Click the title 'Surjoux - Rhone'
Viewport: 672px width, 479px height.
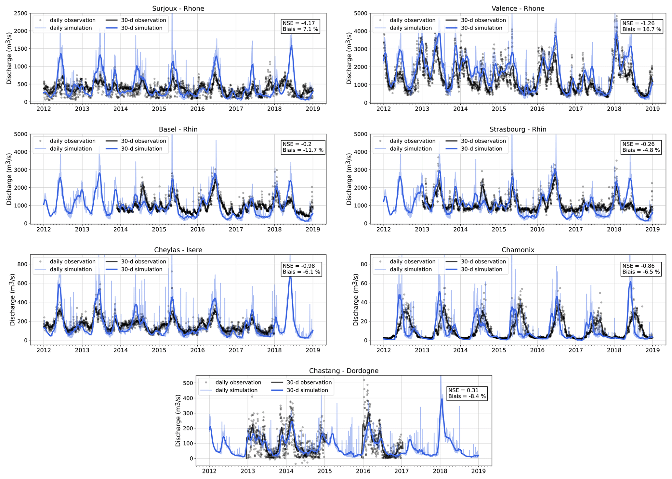coord(178,8)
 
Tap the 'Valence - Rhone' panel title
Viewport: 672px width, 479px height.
coord(518,8)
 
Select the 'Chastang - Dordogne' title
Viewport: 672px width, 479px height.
coord(344,371)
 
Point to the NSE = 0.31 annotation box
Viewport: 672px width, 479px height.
coord(467,393)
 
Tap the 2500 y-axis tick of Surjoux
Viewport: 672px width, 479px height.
coord(21,13)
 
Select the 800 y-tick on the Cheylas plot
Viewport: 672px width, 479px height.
coord(23,264)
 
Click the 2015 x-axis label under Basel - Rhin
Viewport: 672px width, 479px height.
coord(159,229)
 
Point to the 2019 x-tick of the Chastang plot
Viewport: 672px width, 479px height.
coord(478,471)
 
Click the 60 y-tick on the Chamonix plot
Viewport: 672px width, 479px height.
coord(364,283)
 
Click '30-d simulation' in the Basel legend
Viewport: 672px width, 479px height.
coord(142,149)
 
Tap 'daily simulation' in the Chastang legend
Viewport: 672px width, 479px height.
coord(236,390)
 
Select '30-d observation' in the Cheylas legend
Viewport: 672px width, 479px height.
coord(143,261)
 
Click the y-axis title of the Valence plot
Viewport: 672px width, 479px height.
coord(349,58)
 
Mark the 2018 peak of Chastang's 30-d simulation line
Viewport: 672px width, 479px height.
coord(442,399)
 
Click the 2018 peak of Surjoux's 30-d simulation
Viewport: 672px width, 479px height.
coord(291,46)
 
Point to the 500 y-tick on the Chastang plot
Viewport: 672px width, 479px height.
coord(188,383)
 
